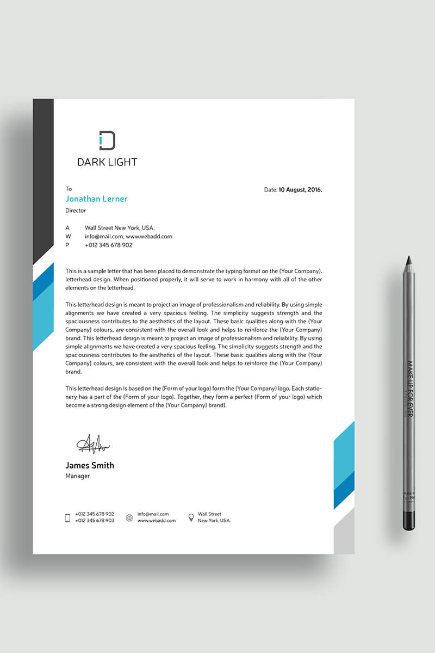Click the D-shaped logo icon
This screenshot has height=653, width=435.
tap(107, 140)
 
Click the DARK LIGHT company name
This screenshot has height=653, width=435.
tap(107, 162)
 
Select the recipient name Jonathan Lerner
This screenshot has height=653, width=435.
tap(96, 199)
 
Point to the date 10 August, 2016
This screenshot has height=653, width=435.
tap(300, 190)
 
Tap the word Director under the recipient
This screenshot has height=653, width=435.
tap(76, 211)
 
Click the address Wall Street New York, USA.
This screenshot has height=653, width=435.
tap(120, 228)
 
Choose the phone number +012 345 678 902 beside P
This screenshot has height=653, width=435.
tap(109, 245)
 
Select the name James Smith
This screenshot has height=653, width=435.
tap(90, 465)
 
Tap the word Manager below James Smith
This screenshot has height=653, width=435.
tap(78, 476)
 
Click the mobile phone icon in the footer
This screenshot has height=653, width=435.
tap(68, 518)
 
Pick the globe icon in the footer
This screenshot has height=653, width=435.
tap(129, 518)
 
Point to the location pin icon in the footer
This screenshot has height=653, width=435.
tap(191, 518)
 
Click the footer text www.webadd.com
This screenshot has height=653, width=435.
tap(157, 521)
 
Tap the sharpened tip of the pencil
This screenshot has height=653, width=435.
tap(408, 260)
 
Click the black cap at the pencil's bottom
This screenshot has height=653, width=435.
tap(409, 520)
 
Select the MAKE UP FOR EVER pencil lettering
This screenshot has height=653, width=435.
tap(410, 389)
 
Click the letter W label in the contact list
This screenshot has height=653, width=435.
tap(68, 237)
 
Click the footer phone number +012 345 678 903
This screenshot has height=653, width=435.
tap(95, 521)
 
